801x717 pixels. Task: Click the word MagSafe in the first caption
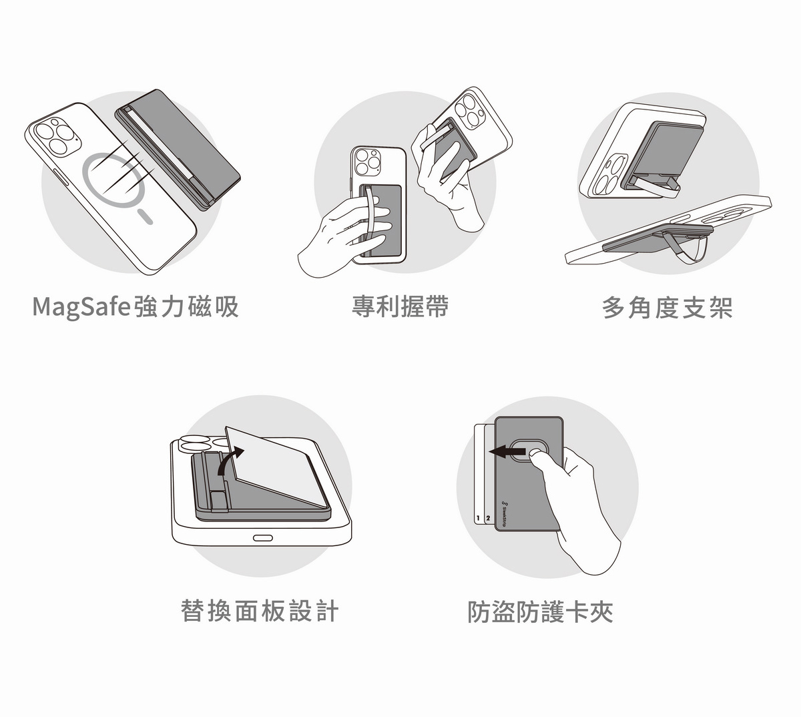[81, 307]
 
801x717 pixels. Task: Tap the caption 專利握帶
[400, 306]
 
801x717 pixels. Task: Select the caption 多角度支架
[667, 308]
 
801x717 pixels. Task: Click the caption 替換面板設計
[260, 611]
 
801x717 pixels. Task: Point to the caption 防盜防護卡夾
[540, 612]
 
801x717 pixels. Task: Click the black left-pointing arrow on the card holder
[507, 452]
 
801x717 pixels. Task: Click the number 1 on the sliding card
[478, 518]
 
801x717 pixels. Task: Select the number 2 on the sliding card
[488, 518]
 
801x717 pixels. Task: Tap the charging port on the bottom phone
[262, 538]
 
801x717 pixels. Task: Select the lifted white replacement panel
[277, 467]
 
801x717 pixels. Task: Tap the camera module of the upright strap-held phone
[368, 162]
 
